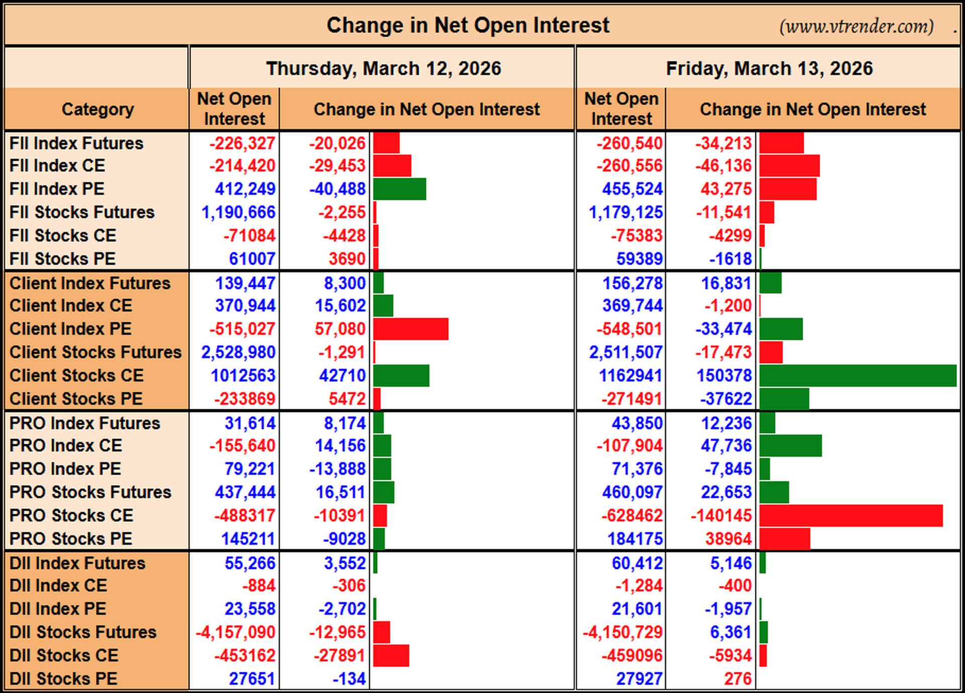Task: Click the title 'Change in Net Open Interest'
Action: pyautogui.click(x=468, y=25)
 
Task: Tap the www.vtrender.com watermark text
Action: pyautogui.click(x=856, y=26)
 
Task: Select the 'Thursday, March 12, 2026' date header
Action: pyautogui.click(x=383, y=68)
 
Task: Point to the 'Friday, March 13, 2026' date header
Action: pyautogui.click(x=769, y=68)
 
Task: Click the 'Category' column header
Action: pyautogui.click(x=98, y=109)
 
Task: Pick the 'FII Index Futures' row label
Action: pyautogui.click(x=76, y=143)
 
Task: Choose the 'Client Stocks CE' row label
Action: pyautogui.click(x=76, y=375)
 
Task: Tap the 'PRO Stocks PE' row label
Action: pyautogui.click(x=71, y=538)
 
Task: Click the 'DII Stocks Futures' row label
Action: pyautogui.click(x=83, y=632)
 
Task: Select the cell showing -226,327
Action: pyautogui.click(x=242, y=143)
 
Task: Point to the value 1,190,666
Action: pyautogui.click(x=238, y=212)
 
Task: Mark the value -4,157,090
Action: pyautogui.click(x=235, y=632)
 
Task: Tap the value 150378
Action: pyautogui.click(x=724, y=375)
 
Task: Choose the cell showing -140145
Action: pyautogui.click(x=721, y=515)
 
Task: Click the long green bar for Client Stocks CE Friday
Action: pyautogui.click(x=858, y=376)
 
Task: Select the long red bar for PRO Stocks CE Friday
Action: pyautogui.click(x=851, y=516)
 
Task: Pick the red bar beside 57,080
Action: pyautogui.click(x=411, y=329)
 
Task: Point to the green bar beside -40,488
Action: pyautogui.click(x=400, y=189)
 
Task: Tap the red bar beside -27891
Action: pyautogui.click(x=391, y=655)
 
